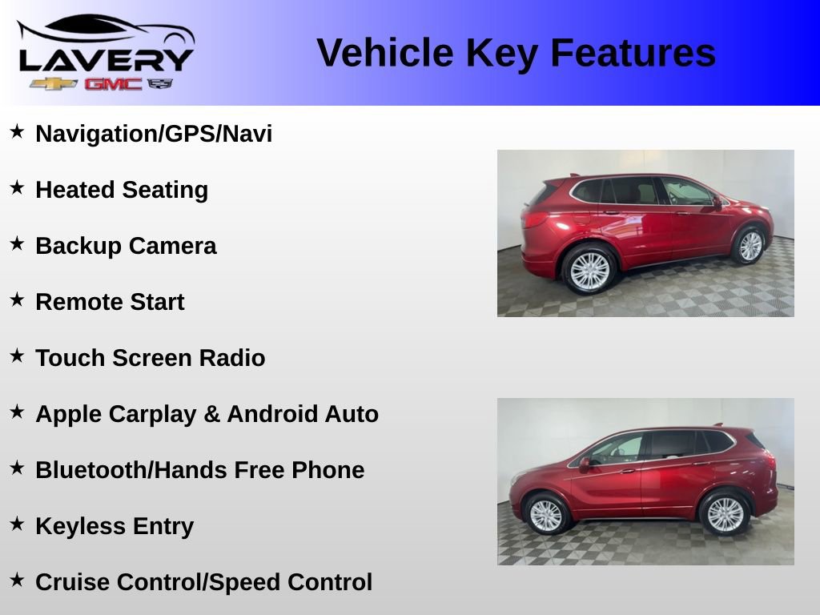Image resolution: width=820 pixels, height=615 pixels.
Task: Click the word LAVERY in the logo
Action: click(106, 59)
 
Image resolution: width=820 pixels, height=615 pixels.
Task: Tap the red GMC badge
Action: click(113, 84)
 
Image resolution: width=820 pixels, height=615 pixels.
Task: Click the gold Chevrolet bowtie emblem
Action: click(54, 84)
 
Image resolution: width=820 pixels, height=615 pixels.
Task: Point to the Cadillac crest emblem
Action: click(161, 83)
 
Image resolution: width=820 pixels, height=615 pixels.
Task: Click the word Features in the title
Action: click(633, 53)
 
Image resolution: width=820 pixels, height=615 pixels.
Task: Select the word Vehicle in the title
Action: click(384, 53)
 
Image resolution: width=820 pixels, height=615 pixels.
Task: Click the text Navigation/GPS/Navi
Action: click(154, 134)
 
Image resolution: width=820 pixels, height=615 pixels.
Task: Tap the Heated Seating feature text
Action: click(122, 190)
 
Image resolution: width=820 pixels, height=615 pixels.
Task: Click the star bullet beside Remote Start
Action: click(17, 300)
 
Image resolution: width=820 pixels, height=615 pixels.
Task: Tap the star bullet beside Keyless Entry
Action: click(17, 525)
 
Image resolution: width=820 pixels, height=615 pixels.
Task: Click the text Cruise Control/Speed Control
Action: click(203, 582)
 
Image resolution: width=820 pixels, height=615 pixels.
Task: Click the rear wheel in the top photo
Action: click(589, 270)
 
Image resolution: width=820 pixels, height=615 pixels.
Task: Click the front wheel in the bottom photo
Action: click(546, 515)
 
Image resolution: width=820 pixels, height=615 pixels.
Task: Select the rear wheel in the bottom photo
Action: click(724, 514)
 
